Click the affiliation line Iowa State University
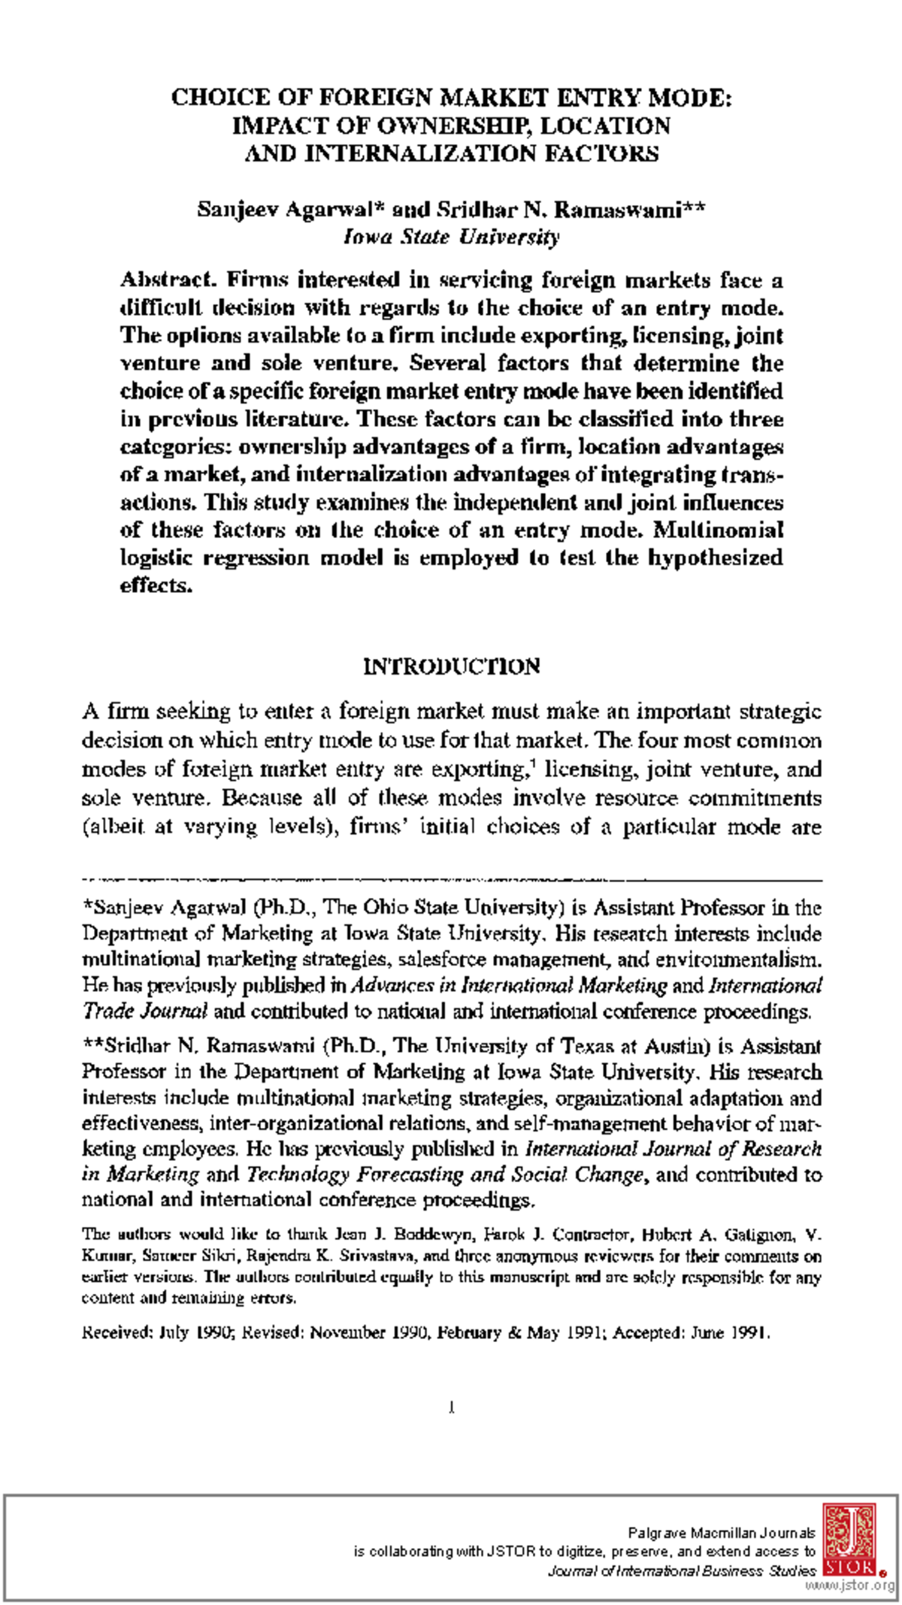(451, 237)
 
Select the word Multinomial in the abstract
(719, 530)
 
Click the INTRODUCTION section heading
(451, 667)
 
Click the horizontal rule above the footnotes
(451, 878)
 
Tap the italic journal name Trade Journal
(144, 1011)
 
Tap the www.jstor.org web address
(849, 1585)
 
